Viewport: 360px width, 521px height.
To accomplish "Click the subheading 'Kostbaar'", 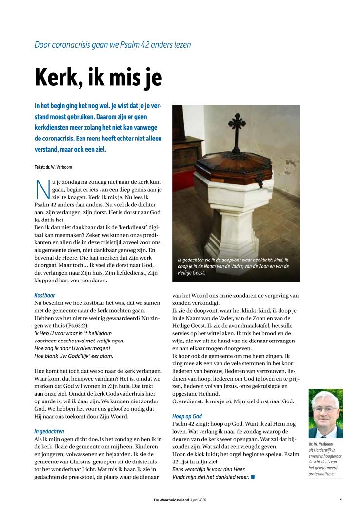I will click(45, 296).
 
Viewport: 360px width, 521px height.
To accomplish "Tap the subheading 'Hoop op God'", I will click(187, 416).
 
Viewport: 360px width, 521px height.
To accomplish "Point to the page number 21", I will click(341, 499).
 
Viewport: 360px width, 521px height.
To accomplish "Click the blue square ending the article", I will click(253, 476).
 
